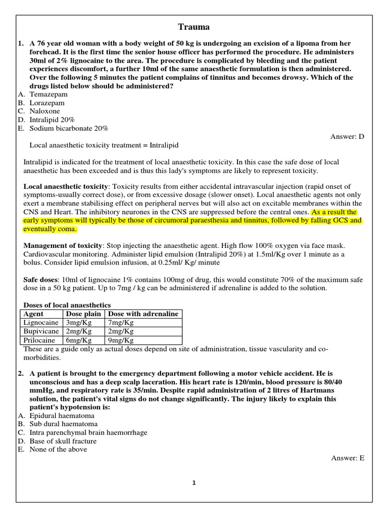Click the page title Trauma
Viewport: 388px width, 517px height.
click(x=194, y=27)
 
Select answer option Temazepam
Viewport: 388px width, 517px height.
click(x=49, y=94)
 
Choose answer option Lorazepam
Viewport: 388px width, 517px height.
click(x=47, y=103)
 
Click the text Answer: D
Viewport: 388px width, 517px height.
click(x=347, y=136)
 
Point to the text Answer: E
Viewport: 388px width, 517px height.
click(x=348, y=458)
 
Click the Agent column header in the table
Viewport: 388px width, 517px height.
click(x=34, y=314)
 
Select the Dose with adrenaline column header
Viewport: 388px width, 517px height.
click(x=143, y=314)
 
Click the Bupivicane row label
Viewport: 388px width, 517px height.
click(x=41, y=331)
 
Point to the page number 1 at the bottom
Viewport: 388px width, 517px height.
click(x=194, y=483)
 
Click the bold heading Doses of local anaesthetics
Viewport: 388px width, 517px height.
click(x=67, y=305)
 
